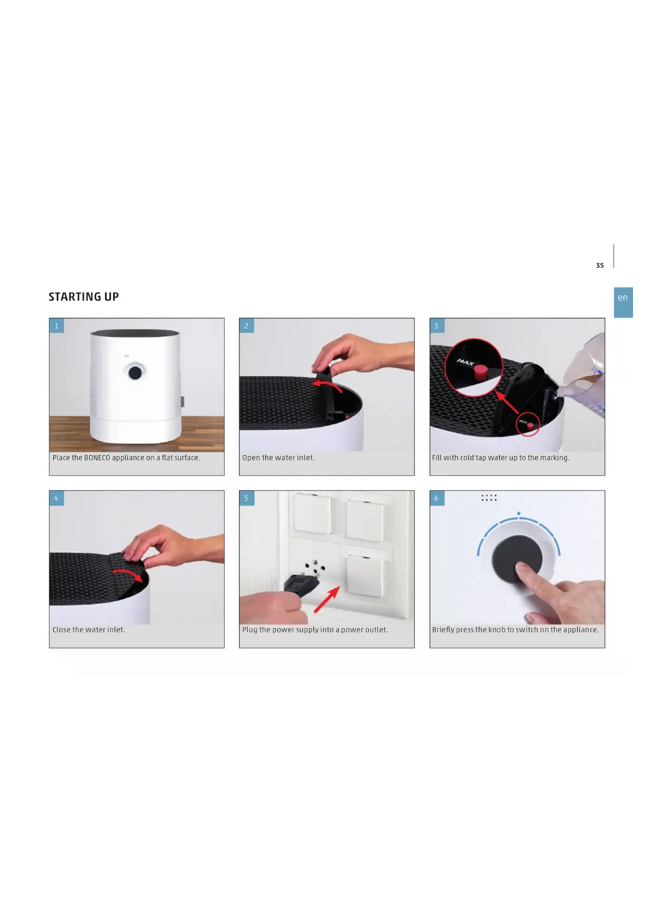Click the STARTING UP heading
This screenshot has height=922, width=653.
(84, 297)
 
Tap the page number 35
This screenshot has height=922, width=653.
(600, 265)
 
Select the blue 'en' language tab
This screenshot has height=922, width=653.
(623, 302)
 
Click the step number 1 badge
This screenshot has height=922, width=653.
(57, 326)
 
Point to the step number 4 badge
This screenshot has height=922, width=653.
(57, 498)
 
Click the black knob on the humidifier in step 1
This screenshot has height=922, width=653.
(135, 372)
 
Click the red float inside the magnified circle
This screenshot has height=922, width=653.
(480, 373)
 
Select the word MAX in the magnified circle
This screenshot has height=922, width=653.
(465, 362)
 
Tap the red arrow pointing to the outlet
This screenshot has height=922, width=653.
(327, 600)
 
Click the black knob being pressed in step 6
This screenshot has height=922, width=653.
(517, 560)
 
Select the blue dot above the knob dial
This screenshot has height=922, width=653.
(519, 513)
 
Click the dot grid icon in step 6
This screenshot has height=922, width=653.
(489, 497)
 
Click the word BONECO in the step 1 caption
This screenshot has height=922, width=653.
(97, 458)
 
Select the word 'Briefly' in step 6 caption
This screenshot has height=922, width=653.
(444, 630)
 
